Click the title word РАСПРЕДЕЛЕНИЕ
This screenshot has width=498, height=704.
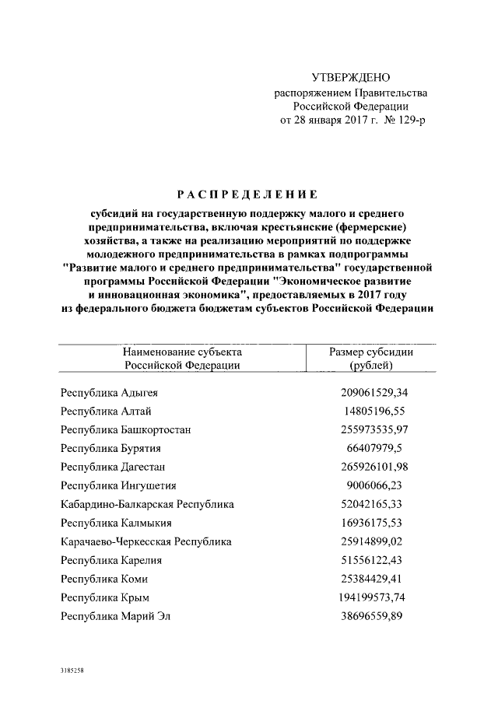[248, 194]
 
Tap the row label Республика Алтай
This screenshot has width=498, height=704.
[107, 411]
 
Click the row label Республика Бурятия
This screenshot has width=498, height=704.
[112, 448]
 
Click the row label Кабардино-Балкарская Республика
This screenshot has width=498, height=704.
[147, 504]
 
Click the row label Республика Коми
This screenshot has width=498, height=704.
[104, 579]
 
